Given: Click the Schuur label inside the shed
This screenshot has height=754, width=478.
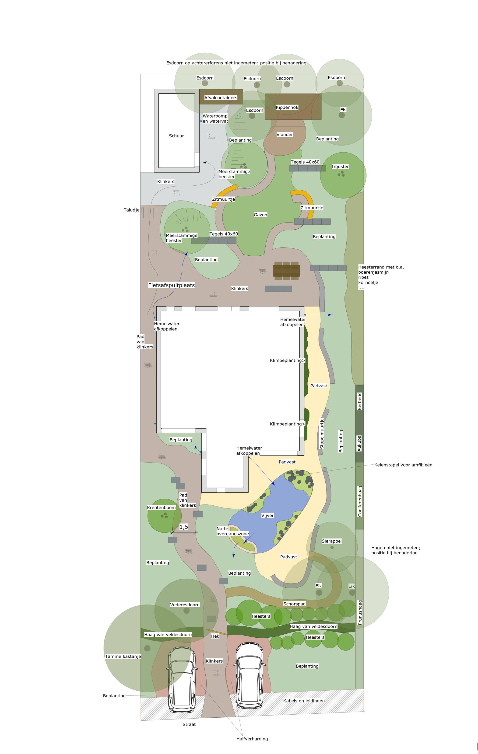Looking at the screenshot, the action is pos(176,136).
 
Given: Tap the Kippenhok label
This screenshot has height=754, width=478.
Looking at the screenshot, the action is pos(287,108).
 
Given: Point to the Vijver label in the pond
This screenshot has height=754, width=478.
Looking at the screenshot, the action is pos(267,515).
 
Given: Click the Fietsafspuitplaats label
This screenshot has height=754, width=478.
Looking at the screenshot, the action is pos(172,285).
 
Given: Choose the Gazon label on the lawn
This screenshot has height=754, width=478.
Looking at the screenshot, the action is pos(260,215).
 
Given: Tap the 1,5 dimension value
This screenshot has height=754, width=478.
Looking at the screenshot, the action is pos(184,527).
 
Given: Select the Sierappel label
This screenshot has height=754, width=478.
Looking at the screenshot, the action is pos(332,541).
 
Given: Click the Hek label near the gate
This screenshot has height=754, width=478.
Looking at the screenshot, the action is pos(215,636).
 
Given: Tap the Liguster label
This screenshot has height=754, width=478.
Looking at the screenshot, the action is pos(340,167).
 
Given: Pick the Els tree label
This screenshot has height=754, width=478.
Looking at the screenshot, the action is pos(343,110).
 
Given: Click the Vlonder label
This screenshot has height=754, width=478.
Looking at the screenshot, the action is pos(285,135).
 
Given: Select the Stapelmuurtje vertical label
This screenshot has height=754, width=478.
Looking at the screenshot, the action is pos(322,434).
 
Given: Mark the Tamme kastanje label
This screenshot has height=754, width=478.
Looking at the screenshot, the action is pos(123,656).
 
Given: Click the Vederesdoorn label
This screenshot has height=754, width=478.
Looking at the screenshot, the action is pos(185,605).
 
